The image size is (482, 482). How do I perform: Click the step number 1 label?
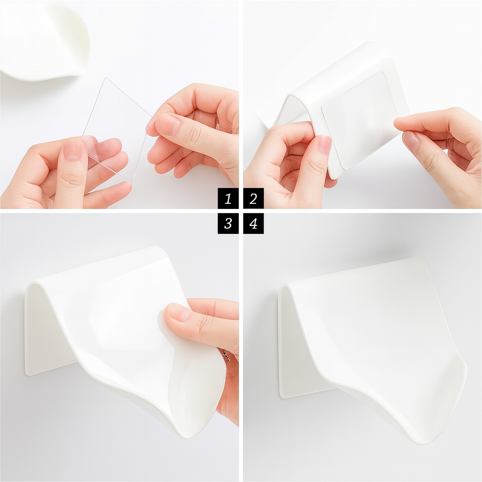[x=228, y=199]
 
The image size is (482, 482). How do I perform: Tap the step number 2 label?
[x=253, y=199]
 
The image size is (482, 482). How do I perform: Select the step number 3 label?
[x=228, y=224]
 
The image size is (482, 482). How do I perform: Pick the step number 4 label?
[x=253, y=224]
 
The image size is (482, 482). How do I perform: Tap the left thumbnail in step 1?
[x=72, y=151]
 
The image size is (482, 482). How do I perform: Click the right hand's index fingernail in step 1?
[x=168, y=124]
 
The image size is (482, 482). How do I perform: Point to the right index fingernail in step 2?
[x=411, y=141]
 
